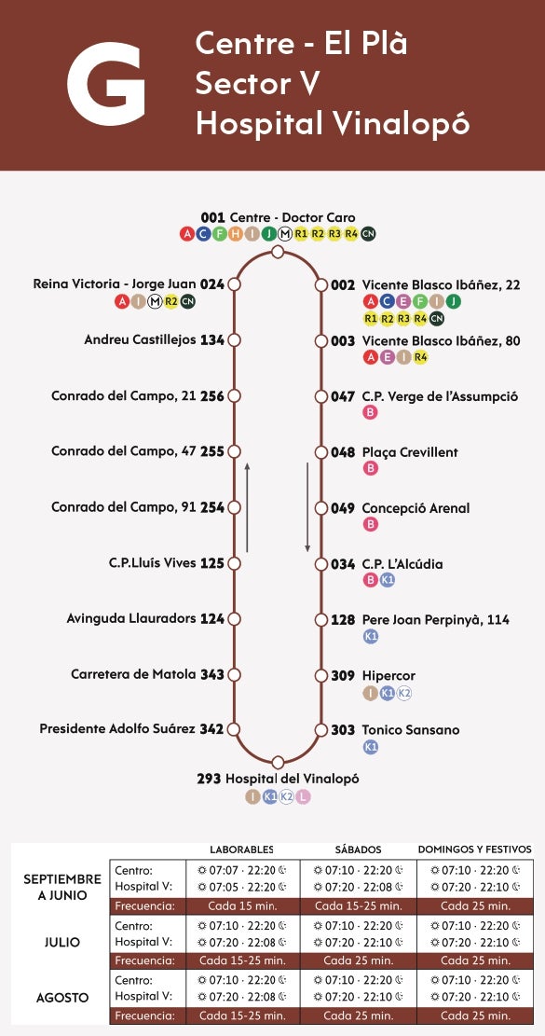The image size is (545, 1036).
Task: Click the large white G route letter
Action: click(x=106, y=85)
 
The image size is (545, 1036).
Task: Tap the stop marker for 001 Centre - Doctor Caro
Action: click(x=278, y=252)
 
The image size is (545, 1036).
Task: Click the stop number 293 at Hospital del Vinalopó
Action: click(x=209, y=779)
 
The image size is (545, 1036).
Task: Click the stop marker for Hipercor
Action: click(x=320, y=676)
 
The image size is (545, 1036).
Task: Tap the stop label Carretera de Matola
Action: click(x=133, y=674)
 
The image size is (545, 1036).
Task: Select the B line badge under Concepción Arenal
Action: click(x=371, y=524)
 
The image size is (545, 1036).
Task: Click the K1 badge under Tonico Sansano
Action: click(x=371, y=747)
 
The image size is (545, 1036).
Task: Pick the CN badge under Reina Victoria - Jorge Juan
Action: click(x=188, y=301)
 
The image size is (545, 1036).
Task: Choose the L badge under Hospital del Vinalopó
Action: click(x=303, y=796)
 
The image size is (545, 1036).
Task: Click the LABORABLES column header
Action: click(x=241, y=850)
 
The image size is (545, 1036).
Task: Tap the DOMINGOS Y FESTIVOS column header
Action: click(x=474, y=850)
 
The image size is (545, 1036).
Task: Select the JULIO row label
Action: click(x=62, y=942)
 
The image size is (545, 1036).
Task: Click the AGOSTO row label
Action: click(x=62, y=998)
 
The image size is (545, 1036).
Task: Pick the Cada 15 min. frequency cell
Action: click(x=241, y=905)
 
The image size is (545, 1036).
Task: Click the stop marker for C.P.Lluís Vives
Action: click(x=235, y=563)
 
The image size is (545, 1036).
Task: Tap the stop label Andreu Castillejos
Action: click(x=141, y=340)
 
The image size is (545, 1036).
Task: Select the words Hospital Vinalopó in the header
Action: click(x=332, y=123)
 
